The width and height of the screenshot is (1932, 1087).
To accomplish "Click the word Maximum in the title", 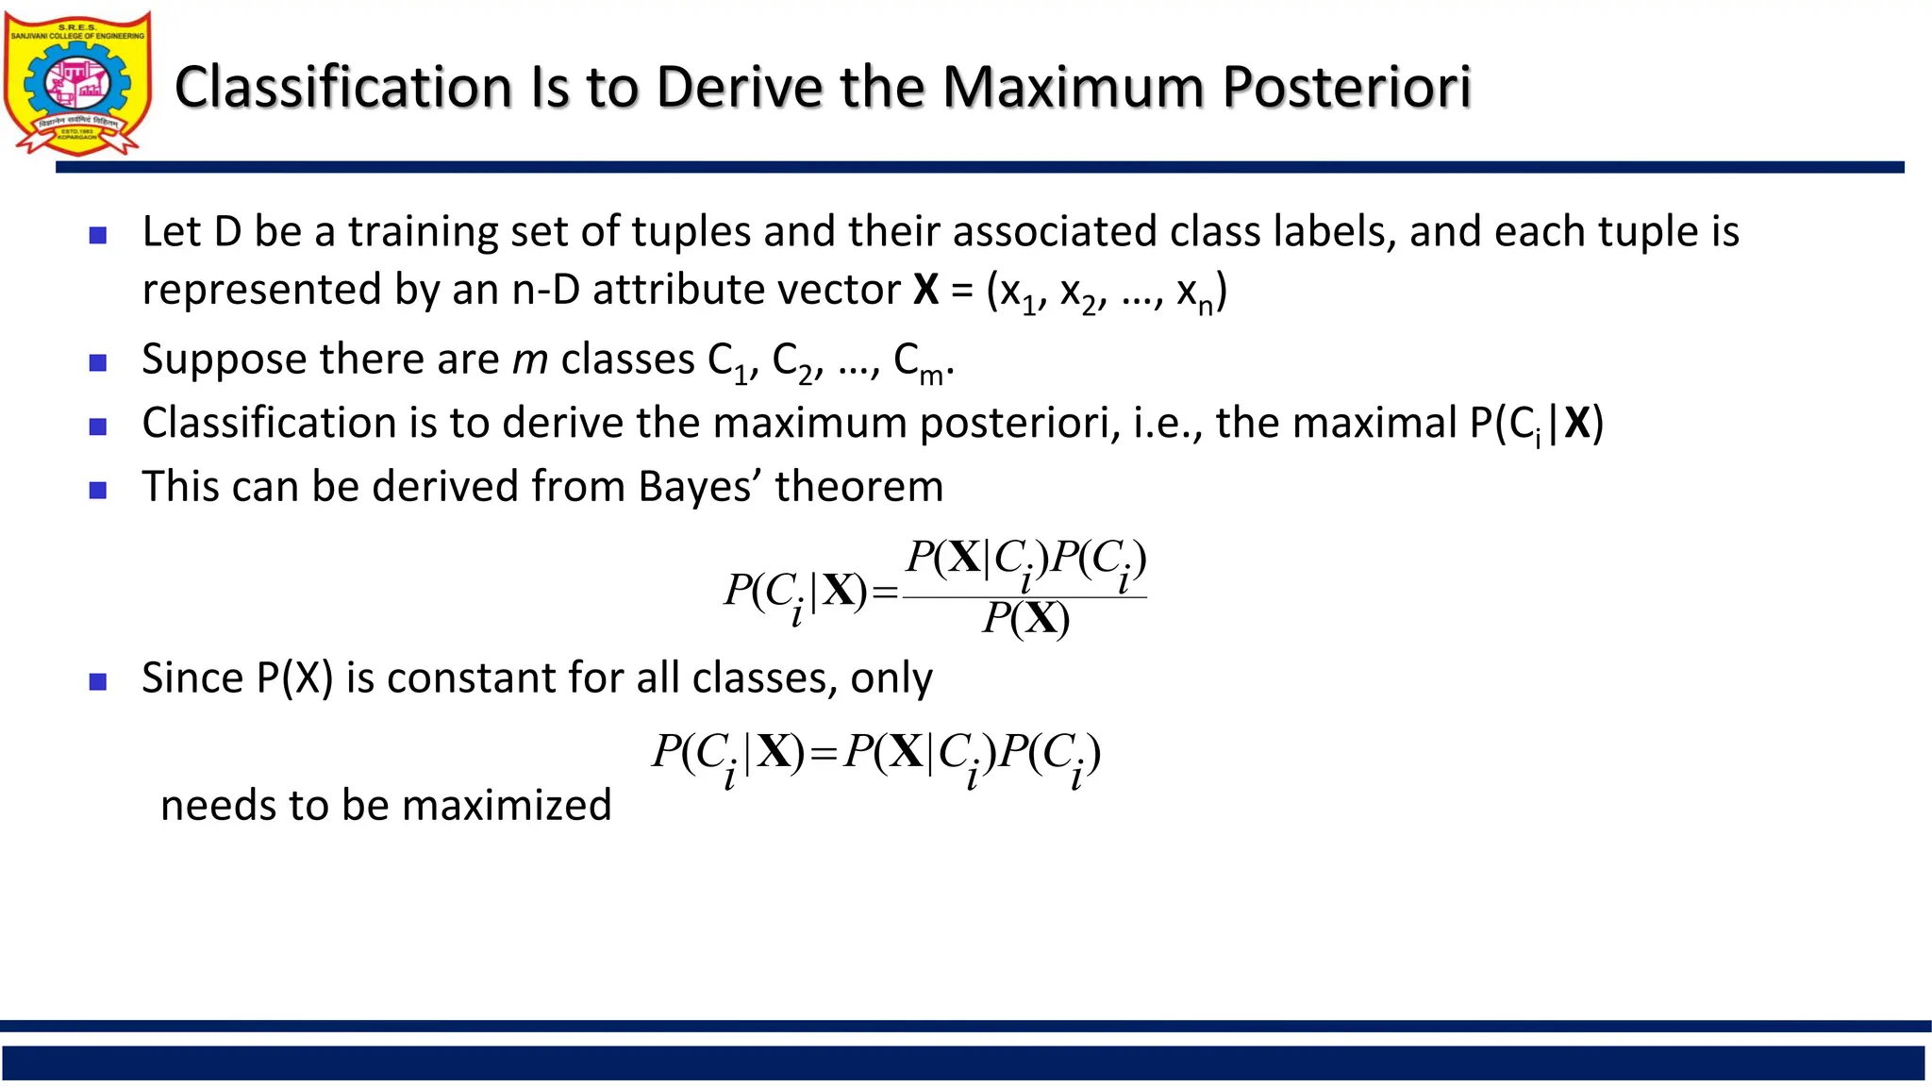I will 1074,87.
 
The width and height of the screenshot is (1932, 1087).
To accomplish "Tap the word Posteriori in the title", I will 1346,87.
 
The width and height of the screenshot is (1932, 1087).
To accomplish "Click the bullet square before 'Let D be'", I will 98,235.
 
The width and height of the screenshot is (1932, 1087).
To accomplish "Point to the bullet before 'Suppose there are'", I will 98,362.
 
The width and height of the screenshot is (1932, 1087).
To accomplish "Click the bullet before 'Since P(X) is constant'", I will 98,681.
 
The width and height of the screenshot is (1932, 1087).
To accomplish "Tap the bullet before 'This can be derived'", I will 98,490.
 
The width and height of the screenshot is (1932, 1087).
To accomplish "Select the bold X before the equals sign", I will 925,290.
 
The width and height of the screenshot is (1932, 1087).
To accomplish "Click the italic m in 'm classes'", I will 529,360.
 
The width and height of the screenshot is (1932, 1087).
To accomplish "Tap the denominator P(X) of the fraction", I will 1025,619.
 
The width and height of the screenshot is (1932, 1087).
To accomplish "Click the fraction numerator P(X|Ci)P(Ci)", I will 1025,560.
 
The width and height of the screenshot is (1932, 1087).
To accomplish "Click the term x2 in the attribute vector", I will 1079,293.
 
